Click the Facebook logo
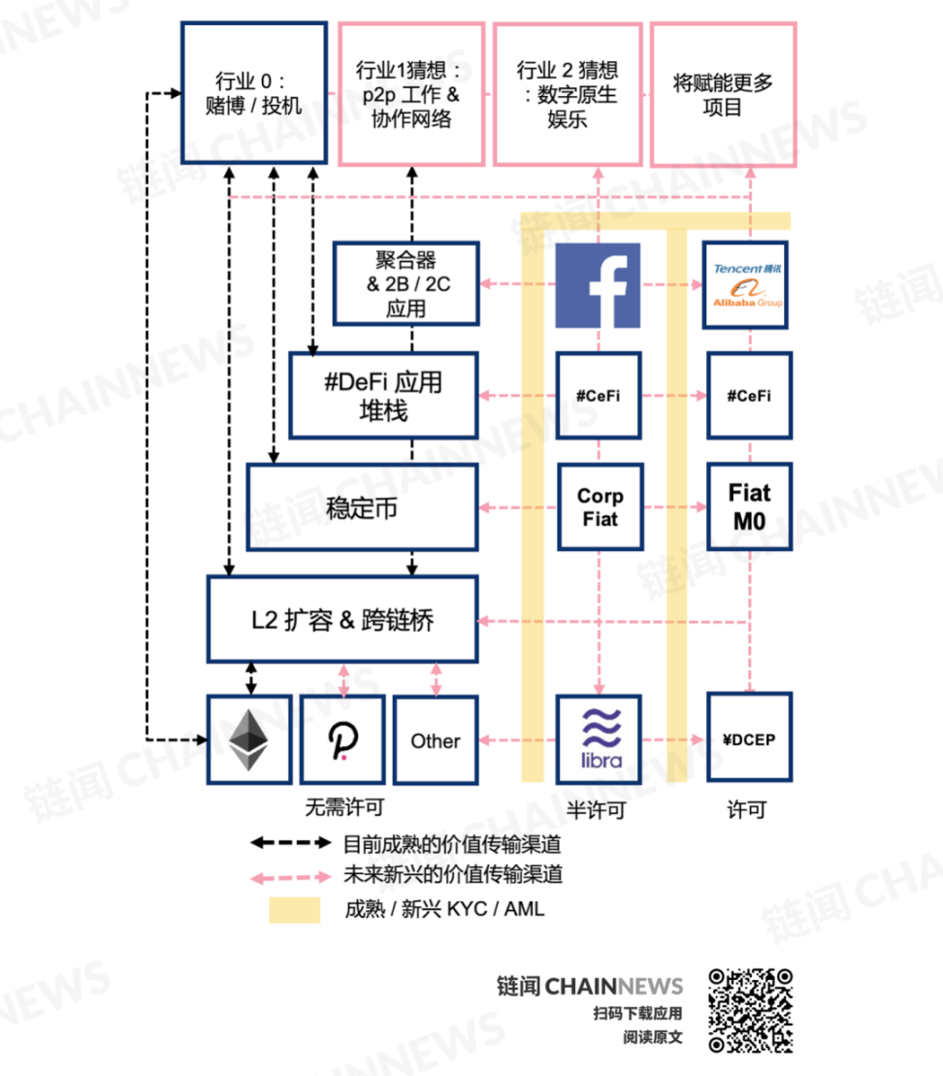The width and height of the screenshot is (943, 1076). click(x=598, y=285)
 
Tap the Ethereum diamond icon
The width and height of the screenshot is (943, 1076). click(x=248, y=739)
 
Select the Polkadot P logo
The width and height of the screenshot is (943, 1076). click(x=342, y=740)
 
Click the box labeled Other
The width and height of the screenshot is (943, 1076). click(x=436, y=739)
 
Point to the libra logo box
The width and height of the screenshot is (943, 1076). click(x=600, y=739)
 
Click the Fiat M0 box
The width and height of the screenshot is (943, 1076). click(x=750, y=506)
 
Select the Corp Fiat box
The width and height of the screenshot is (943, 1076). click(x=600, y=507)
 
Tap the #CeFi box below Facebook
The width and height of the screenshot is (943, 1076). click(x=599, y=395)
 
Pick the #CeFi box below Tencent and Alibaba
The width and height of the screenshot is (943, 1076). click(x=750, y=395)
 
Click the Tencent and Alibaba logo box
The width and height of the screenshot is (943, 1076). click(x=745, y=285)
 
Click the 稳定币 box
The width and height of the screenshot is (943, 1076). click(x=363, y=507)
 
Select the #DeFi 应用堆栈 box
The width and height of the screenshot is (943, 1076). click(x=383, y=395)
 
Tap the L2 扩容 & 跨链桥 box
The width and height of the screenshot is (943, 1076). click(x=342, y=620)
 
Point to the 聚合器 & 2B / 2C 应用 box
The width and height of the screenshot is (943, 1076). click(x=406, y=283)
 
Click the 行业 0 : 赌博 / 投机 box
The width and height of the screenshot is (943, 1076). click(x=254, y=92)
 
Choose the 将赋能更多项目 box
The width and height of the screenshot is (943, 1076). click(x=724, y=94)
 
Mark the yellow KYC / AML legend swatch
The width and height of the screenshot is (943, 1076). click(x=294, y=910)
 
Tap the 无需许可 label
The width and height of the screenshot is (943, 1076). click(x=344, y=807)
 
